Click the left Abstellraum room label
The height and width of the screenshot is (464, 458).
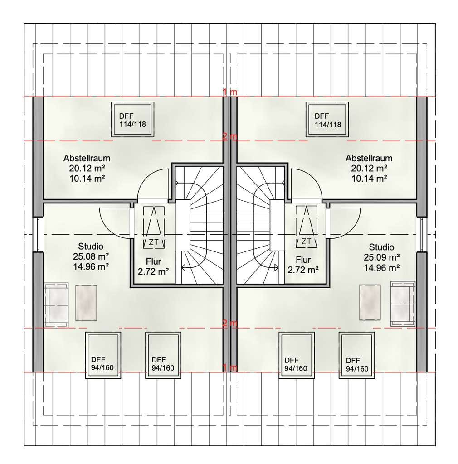pos(87,158)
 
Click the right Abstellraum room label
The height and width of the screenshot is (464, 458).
pos(369,158)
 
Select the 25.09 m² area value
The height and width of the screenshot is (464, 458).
pos(382,257)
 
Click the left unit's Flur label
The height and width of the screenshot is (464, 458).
pos(153,261)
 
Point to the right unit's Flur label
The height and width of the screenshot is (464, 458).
pos(303,260)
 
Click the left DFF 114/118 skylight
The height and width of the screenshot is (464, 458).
pos(132,120)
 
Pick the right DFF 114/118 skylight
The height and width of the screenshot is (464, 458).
pos(327,120)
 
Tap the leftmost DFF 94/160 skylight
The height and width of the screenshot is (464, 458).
pos(103,355)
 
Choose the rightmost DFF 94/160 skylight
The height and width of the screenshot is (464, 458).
pos(357,355)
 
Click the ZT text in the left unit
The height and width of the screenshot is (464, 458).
pos(154,242)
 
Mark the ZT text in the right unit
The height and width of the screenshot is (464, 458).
pos(306,241)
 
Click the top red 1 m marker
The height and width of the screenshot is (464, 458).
pos(230,92)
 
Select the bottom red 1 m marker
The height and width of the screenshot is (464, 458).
pos(230,367)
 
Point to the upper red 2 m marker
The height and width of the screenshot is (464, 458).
pos(230,137)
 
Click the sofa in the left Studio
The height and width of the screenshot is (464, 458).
pos(56,305)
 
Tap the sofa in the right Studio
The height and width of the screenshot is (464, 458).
pos(403,304)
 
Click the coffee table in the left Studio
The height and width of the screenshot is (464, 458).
pos(86,303)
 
